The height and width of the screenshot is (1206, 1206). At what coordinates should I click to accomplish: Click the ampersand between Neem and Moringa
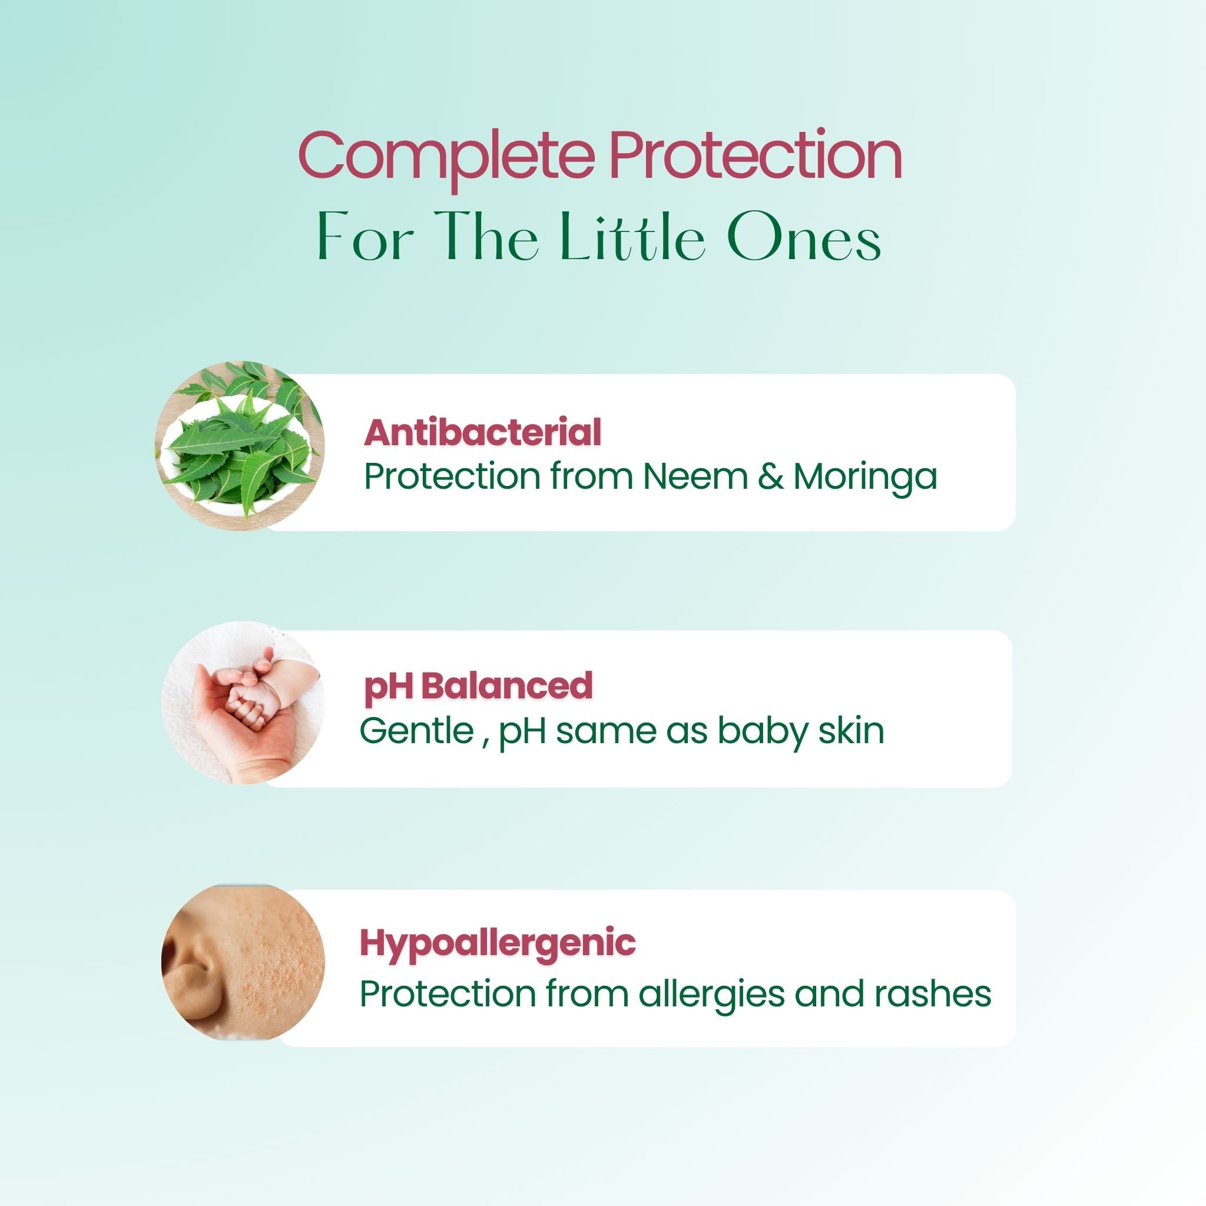tap(770, 476)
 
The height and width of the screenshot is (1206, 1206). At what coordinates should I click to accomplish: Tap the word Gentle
tap(416, 730)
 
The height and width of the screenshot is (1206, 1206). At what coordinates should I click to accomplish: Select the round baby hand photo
tap(243, 703)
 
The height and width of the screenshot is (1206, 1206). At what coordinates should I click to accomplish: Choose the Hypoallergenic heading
tap(498, 945)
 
